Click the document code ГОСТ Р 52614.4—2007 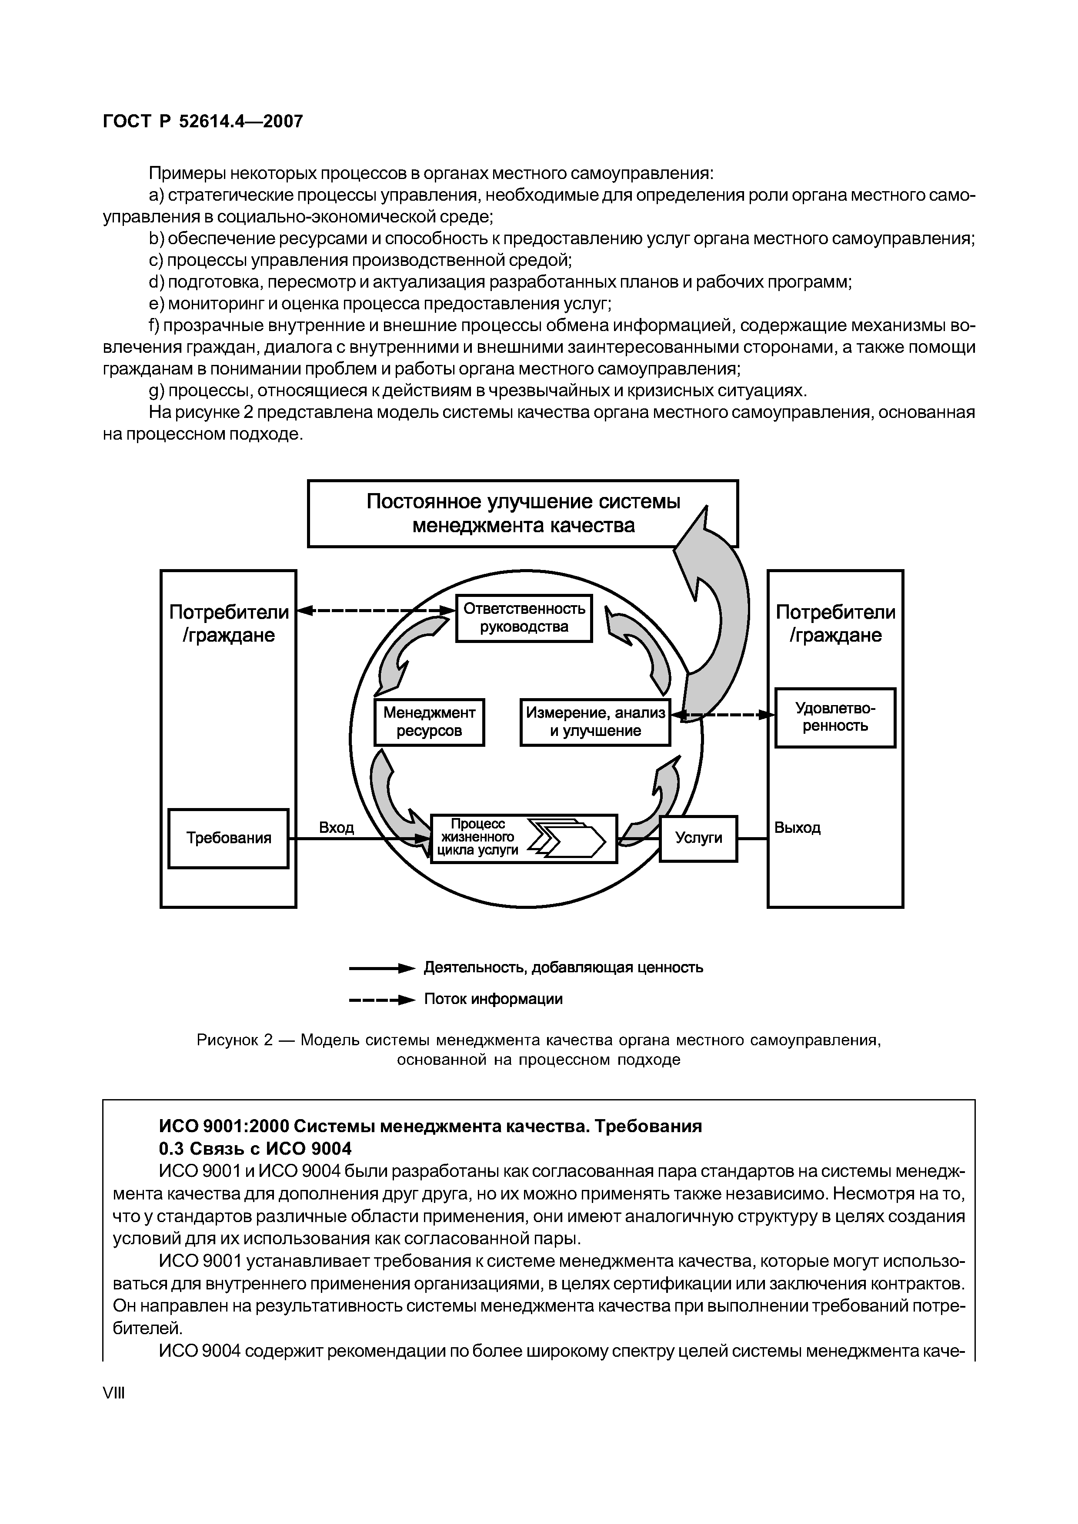[x=203, y=122]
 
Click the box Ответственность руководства [x=524, y=618]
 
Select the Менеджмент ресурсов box [x=429, y=722]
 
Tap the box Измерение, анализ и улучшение [x=595, y=722]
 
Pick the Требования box [x=228, y=838]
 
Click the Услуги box [x=698, y=838]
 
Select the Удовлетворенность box [x=835, y=718]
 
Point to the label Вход [x=336, y=828]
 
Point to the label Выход [x=797, y=828]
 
